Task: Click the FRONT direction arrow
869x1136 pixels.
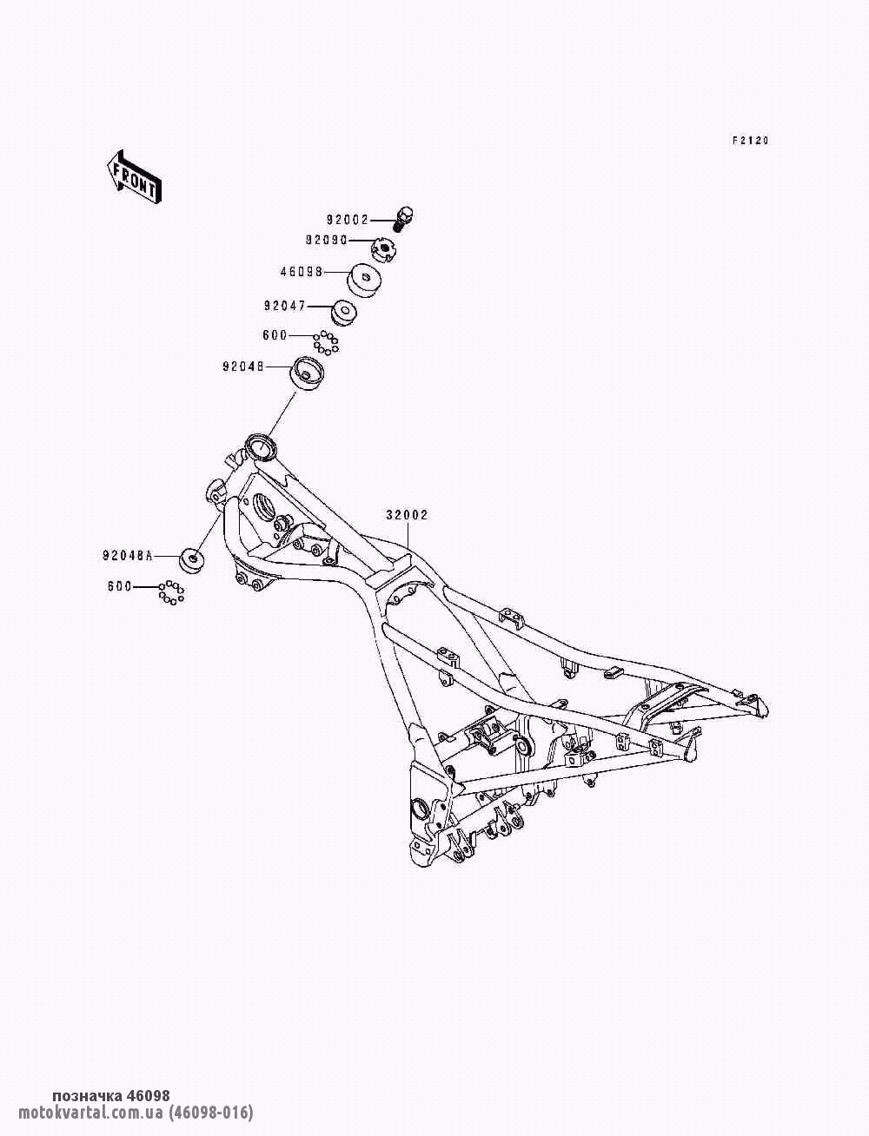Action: click(x=131, y=177)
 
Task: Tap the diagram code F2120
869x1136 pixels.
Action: click(x=750, y=141)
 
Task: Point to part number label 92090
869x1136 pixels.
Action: click(x=326, y=239)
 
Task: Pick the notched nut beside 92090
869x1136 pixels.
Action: click(x=382, y=252)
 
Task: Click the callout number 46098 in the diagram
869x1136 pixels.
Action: click(x=301, y=271)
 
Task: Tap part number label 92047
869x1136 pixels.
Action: click(x=284, y=306)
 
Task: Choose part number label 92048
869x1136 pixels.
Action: click(x=242, y=367)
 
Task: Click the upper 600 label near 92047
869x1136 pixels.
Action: click(x=274, y=334)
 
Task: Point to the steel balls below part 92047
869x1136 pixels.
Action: click(x=326, y=341)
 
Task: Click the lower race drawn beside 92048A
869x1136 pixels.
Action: click(x=192, y=560)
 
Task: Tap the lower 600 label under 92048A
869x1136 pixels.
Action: click(x=119, y=586)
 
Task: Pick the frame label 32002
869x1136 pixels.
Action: click(x=407, y=515)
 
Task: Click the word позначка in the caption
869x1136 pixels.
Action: click(x=88, y=1096)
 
